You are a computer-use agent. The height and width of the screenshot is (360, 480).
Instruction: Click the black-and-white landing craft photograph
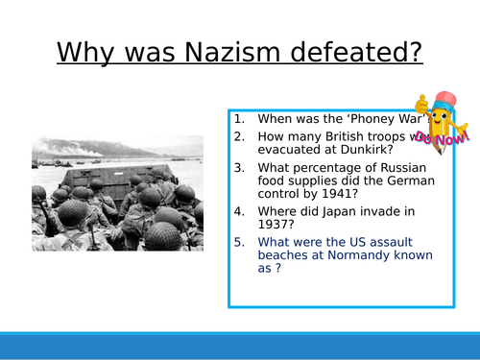point(117,192)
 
